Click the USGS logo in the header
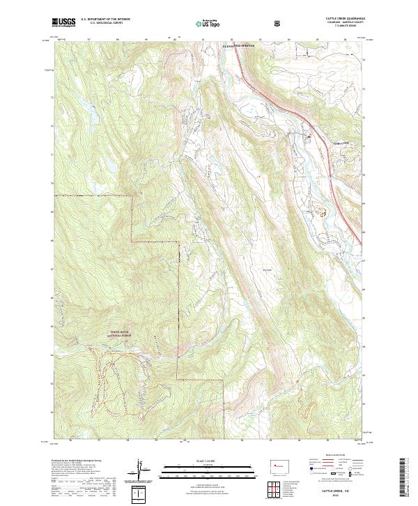tap(63, 23)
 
